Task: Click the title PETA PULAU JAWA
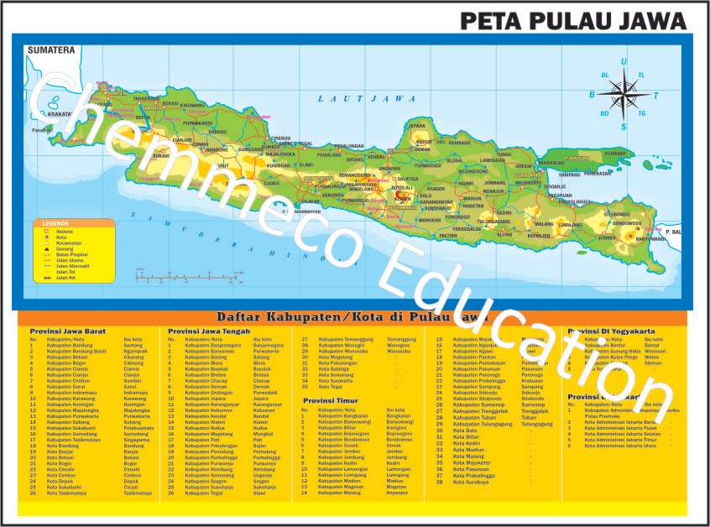[x=573, y=20]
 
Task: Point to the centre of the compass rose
[x=623, y=88]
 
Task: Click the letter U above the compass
[x=623, y=62]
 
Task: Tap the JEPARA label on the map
[x=417, y=126]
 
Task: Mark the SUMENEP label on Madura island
[x=615, y=154]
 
